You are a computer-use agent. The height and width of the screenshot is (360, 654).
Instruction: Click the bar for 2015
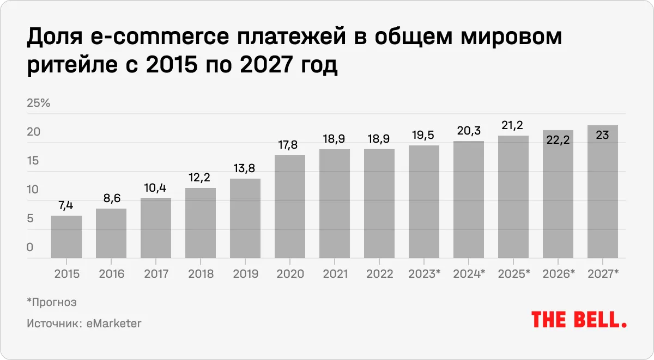[66, 236]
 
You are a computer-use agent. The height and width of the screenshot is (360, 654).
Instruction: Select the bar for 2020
[290, 206]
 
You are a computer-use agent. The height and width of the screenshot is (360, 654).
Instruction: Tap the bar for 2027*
[602, 191]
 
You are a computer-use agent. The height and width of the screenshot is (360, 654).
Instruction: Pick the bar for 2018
[201, 223]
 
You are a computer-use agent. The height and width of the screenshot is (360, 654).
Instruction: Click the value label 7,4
[66, 206]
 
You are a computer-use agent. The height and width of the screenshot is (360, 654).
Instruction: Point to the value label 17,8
[290, 145]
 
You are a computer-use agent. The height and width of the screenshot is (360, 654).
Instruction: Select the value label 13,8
[245, 169]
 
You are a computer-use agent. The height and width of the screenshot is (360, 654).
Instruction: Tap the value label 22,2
[558, 141]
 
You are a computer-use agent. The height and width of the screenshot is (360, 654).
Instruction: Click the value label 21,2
[513, 126]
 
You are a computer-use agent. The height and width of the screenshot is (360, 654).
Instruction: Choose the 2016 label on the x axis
[111, 274]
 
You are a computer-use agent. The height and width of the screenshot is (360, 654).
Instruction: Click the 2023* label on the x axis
[425, 274]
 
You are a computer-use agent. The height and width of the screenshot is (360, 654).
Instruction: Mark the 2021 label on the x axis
[335, 274]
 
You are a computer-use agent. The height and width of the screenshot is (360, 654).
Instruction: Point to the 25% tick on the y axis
[38, 103]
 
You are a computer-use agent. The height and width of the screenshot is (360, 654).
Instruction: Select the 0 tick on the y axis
[30, 247]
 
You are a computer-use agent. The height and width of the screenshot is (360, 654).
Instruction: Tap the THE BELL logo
[579, 320]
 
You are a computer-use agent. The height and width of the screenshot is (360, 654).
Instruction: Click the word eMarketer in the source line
[114, 323]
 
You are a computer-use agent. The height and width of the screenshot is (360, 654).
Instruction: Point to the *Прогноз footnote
[52, 302]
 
